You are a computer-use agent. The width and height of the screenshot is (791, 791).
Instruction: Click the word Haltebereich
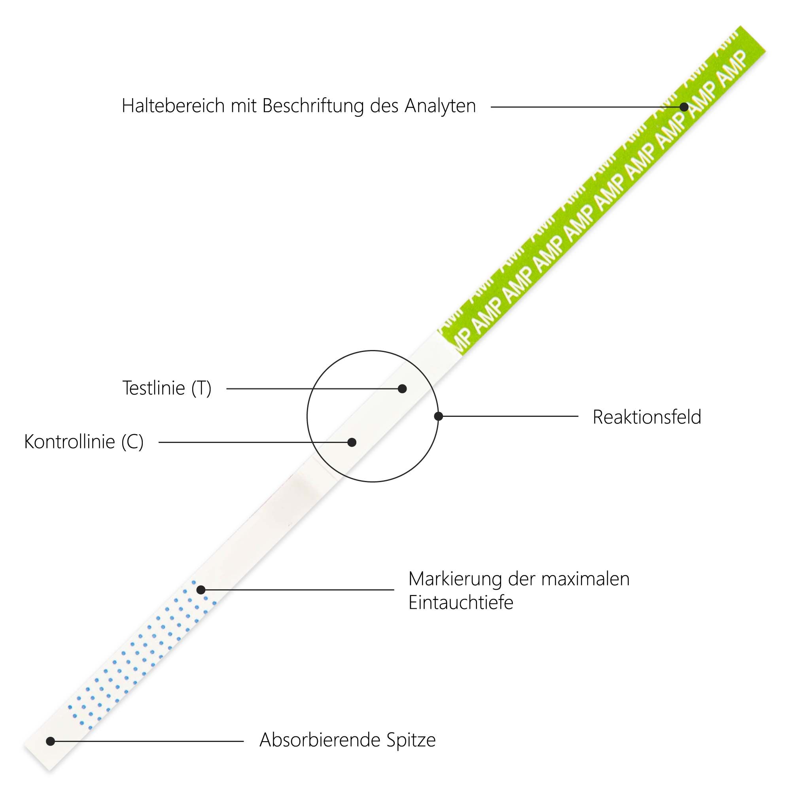[x=174, y=106]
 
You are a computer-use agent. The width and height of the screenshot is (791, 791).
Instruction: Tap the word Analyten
[x=440, y=106]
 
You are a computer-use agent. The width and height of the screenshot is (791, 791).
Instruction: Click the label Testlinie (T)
[x=167, y=388]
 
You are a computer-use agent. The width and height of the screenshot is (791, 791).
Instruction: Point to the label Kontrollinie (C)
[x=84, y=442]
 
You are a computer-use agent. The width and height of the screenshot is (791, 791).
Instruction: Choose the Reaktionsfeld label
[x=647, y=417]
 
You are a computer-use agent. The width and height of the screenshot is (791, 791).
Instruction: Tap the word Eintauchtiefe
[x=461, y=603]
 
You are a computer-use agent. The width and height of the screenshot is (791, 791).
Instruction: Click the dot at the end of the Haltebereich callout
[x=684, y=107]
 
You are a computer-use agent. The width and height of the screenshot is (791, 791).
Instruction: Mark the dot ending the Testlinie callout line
[x=403, y=388]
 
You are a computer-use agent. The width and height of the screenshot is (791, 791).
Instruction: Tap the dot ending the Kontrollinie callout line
[x=352, y=442]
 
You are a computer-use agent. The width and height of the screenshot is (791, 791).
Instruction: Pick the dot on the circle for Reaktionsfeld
[x=439, y=416]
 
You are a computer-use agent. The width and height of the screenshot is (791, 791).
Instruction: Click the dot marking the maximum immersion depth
[x=201, y=590]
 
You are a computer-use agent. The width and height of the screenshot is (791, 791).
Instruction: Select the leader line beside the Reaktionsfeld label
[x=509, y=416]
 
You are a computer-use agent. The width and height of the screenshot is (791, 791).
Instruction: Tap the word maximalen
[x=585, y=579]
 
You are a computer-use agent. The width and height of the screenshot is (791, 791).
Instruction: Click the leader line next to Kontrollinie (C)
[x=255, y=442]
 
